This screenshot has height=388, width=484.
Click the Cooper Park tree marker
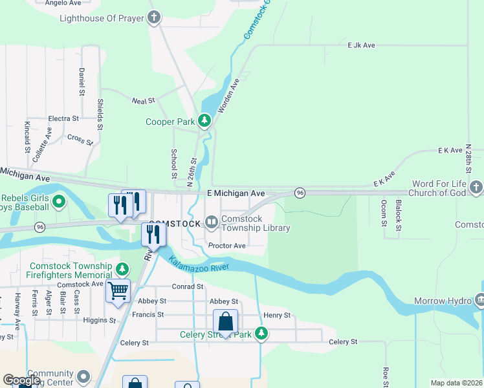coord(204,121)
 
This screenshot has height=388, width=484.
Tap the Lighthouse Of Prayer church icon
coord(154,17)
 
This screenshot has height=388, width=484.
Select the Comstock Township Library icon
coord(212,222)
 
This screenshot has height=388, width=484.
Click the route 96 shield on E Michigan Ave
coord(300,193)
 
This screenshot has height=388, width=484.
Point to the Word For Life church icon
coord(476,187)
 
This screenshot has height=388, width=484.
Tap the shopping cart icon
coord(118,292)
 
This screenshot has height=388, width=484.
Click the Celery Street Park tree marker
coord(261,333)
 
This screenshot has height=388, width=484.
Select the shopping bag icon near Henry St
coord(225,321)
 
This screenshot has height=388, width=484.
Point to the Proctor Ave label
coord(226,246)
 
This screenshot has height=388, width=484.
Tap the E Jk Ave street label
coord(361,45)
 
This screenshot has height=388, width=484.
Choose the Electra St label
coord(63,119)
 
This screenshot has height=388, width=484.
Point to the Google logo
coord(21,380)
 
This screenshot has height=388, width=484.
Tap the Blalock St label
coord(399,215)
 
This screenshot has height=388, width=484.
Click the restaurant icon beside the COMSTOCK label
coord(153,234)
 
